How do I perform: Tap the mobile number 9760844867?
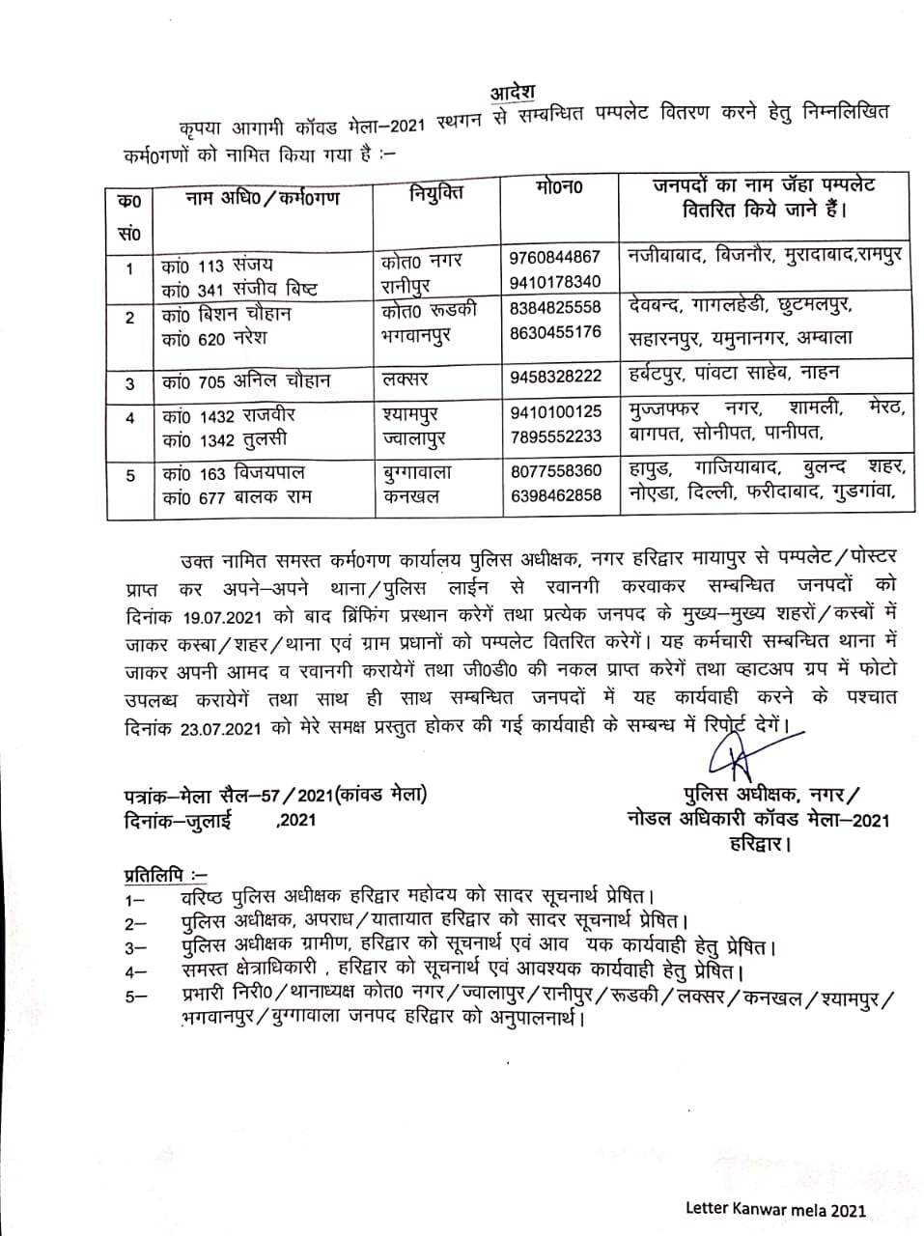pos(555,257)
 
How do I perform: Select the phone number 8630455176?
pos(555,332)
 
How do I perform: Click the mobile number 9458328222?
pos(555,377)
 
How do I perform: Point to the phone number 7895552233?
pos(555,436)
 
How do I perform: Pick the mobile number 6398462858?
pos(555,494)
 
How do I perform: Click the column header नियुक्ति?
pos(435,193)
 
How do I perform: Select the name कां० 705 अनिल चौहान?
pos(246,381)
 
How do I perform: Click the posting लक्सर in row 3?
pos(405,379)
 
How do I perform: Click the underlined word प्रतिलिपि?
pos(152,875)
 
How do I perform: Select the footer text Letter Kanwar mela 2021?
pos(775,1209)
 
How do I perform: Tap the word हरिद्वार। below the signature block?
pos(761,845)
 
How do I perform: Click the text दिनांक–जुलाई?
pos(179,821)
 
